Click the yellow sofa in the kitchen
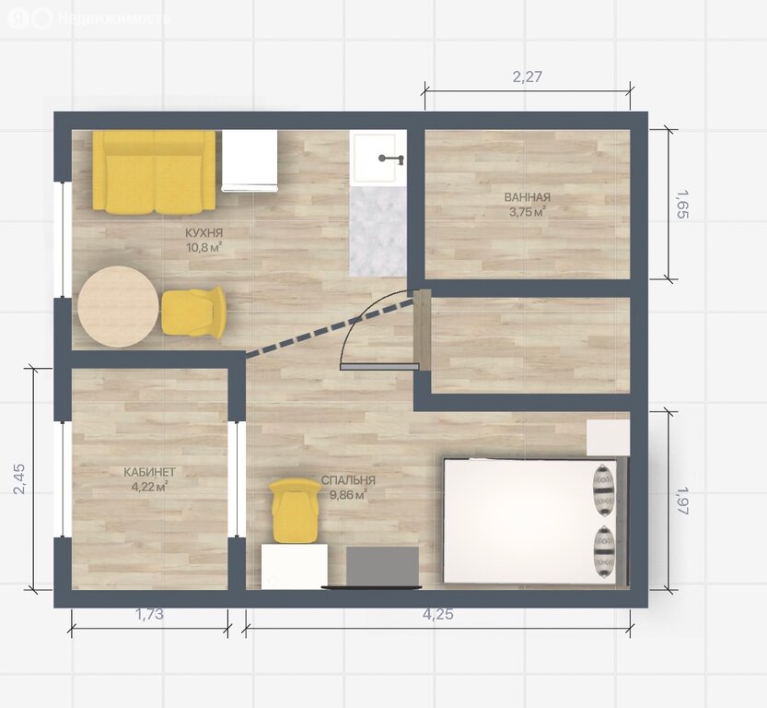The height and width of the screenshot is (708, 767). coord(154,172)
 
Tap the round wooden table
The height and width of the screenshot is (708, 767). coord(119,306)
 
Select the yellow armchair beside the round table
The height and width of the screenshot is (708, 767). coord(193,312)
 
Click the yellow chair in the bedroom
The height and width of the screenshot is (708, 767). coord(294,511)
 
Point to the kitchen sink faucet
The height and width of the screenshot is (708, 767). coord(390,159)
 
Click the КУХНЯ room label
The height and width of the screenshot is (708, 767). coord(204,232)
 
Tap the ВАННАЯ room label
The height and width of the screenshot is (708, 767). coord(528,197)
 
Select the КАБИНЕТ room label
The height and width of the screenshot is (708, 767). coord(149,472)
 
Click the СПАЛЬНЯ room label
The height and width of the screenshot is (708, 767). coord(348,480)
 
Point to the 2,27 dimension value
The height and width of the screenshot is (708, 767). coord(528,77)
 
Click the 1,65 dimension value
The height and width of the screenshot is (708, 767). coord(682,205)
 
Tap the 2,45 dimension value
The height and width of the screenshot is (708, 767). coord(19,478)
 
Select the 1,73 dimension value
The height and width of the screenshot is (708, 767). coord(149,614)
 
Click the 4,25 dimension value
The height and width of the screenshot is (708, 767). coord(437,614)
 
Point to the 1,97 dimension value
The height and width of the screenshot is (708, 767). coord(682,500)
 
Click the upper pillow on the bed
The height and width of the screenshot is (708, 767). coord(605,490)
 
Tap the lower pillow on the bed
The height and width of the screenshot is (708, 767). coord(605,551)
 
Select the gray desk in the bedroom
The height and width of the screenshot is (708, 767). coord(382,566)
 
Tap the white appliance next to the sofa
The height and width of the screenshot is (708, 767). coord(250,160)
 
